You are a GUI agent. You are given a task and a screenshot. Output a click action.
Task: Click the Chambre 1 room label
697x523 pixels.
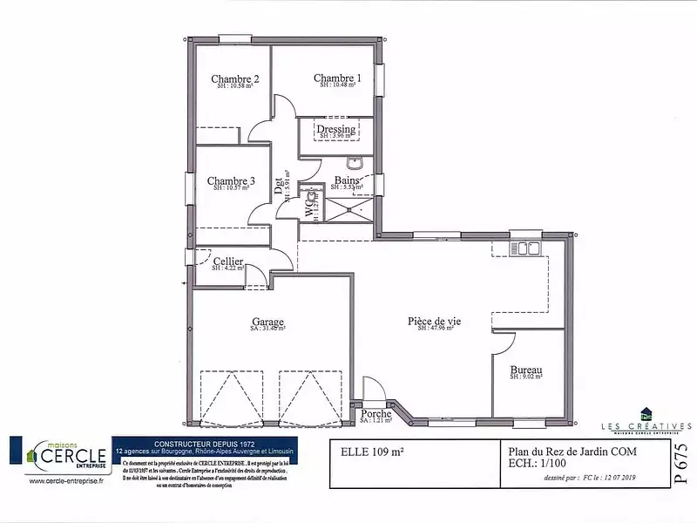point(337,78)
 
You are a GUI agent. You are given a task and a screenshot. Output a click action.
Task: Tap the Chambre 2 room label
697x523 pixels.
point(234,79)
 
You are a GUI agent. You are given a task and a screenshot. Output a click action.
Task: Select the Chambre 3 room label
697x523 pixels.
point(231,181)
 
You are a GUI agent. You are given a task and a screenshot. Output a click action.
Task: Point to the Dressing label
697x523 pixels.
point(335,130)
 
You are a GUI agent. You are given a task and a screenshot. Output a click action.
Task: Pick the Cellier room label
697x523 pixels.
point(227,261)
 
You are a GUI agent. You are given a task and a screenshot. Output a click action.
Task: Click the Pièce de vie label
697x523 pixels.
point(434,321)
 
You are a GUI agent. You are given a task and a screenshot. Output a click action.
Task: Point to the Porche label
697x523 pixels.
point(376,414)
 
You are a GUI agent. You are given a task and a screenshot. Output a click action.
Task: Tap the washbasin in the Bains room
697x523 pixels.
point(355,163)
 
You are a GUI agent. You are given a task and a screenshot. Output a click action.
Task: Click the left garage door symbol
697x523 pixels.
point(231,397)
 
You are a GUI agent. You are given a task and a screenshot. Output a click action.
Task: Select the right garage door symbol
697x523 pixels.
point(310,397)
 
